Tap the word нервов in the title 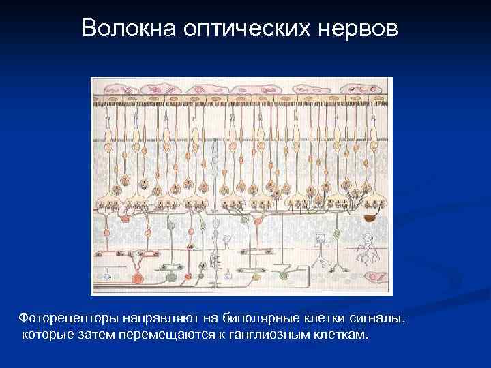pos(358,28)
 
